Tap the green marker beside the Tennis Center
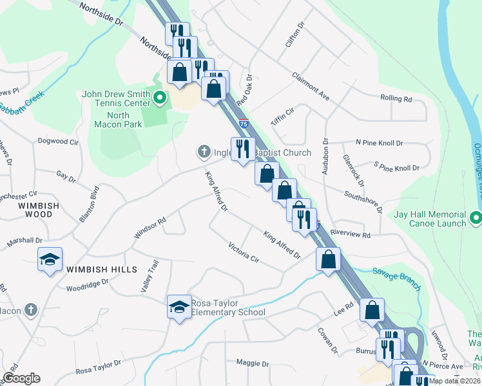161,98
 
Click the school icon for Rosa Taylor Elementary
180,307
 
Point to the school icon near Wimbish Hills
50,259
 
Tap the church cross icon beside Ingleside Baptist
204,152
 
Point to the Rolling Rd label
396,98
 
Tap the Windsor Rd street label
149,226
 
